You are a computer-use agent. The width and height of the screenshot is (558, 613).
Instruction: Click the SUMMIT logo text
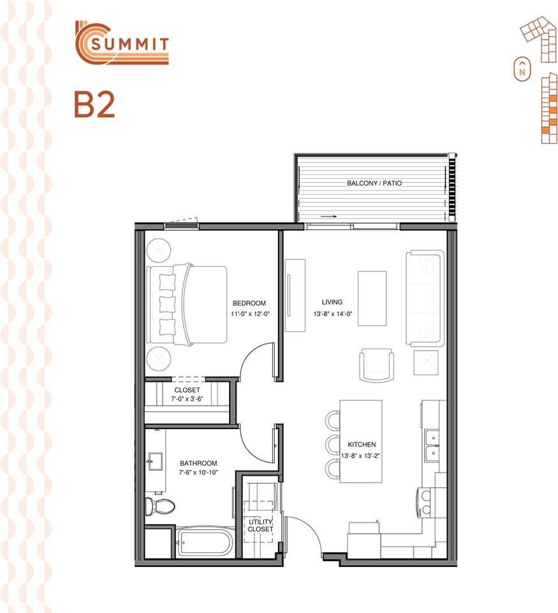(129, 44)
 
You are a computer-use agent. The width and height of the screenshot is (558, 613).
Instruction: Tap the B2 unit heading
(94, 104)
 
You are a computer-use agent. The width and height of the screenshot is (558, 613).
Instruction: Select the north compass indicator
(522, 69)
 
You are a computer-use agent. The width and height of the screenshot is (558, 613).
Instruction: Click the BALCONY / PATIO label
(374, 183)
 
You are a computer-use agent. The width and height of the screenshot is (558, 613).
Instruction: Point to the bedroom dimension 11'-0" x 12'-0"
(250, 314)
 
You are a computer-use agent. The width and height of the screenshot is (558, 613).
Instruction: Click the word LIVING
(332, 302)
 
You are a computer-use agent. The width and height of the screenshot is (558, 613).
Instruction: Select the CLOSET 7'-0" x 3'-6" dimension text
(187, 399)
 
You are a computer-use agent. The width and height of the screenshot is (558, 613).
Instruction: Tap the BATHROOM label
(198, 464)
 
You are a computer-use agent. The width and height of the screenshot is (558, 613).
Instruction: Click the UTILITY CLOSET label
(260, 526)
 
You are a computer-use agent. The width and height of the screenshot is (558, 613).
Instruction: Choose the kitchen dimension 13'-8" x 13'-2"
(360, 456)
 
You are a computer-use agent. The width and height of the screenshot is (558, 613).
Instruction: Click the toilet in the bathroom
(159, 506)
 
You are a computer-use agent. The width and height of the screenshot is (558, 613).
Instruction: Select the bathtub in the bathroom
(205, 542)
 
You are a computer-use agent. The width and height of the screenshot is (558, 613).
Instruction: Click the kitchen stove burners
(425, 503)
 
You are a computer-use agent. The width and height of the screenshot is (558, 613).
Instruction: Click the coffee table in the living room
(372, 299)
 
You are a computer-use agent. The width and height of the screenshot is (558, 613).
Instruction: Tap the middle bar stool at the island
(333, 444)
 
